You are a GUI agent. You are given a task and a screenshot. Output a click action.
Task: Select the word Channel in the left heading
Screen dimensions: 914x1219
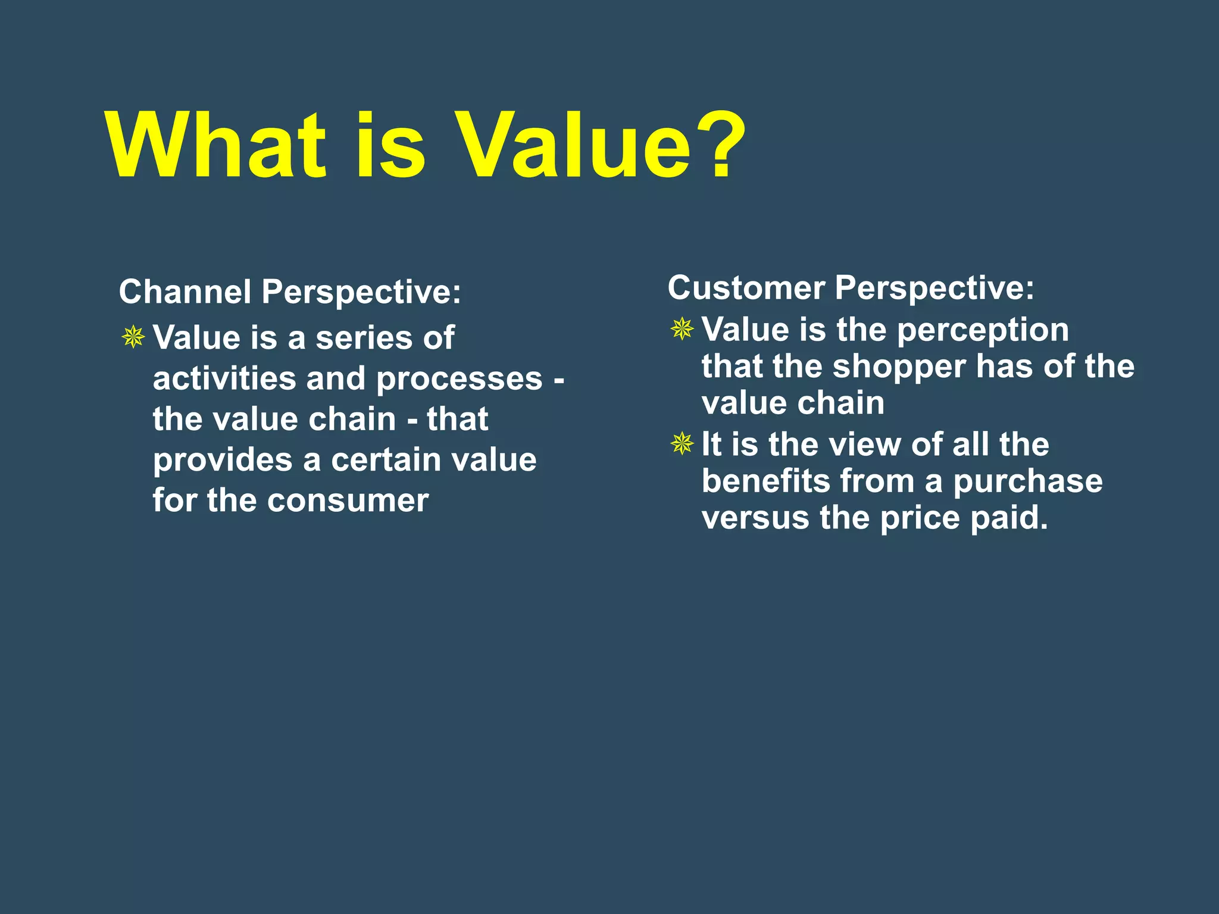[185, 292]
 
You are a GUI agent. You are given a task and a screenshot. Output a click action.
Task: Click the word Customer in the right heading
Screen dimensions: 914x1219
[746, 288]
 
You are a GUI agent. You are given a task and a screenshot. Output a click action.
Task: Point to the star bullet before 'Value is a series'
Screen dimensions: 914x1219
[133, 337]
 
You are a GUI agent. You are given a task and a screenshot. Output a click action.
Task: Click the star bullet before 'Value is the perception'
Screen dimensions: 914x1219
[682, 328]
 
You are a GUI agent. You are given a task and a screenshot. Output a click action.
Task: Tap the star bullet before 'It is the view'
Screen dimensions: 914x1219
[682, 443]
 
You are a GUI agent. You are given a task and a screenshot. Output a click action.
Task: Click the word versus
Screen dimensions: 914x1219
[755, 518]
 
